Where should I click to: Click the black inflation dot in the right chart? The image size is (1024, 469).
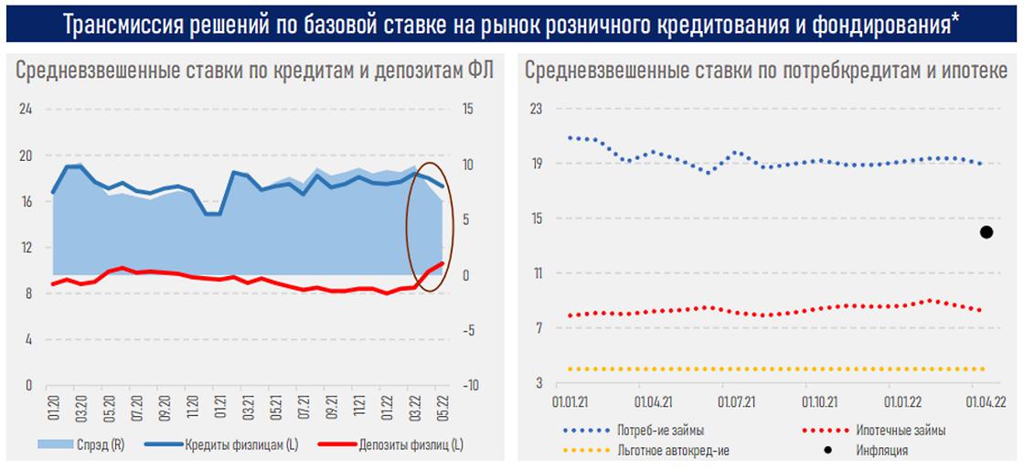(987, 232)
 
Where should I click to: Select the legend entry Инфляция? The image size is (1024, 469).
(882, 450)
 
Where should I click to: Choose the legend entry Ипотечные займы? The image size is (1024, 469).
(901, 430)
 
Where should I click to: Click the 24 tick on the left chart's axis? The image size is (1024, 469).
(26, 109)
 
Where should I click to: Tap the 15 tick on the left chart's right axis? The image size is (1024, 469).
(468, 109)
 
